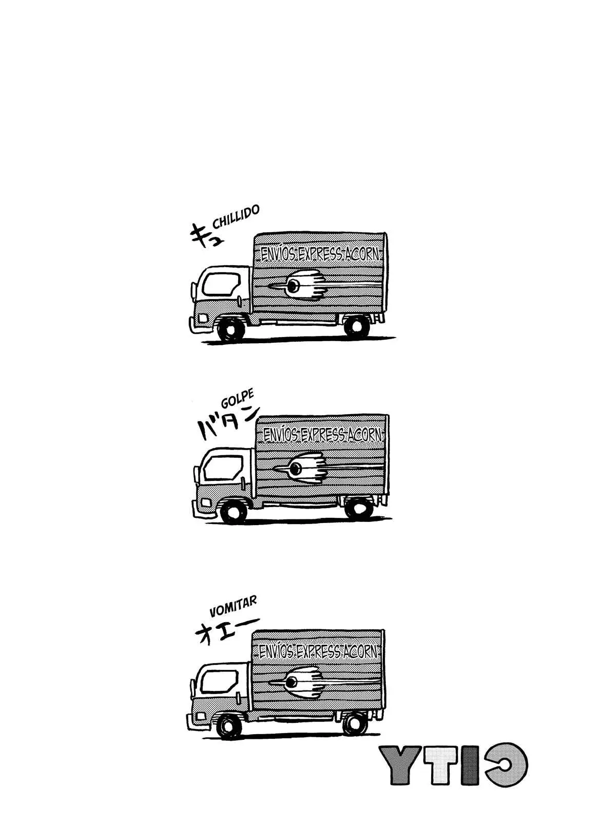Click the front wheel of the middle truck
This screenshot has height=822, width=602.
[234, 510]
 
